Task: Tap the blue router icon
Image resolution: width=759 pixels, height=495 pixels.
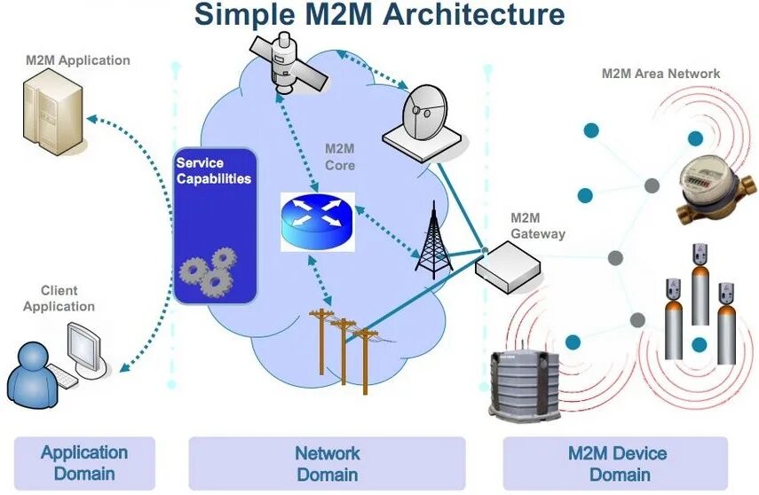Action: coord(317,222)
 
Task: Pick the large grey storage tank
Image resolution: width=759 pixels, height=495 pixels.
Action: coord(526,385)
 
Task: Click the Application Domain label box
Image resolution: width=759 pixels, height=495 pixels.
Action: coord(84,462)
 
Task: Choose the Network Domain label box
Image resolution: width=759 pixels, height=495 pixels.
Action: coord(327,462)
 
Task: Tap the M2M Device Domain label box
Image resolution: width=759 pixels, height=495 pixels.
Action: coord(616,462)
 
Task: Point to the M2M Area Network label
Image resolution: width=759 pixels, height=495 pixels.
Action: coord(660,74)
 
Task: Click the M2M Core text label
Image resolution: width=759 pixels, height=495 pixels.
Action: coord(340,157)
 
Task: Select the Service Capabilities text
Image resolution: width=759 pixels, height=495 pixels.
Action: coord(213,170)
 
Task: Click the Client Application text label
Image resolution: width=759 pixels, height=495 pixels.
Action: coord(59,298)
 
